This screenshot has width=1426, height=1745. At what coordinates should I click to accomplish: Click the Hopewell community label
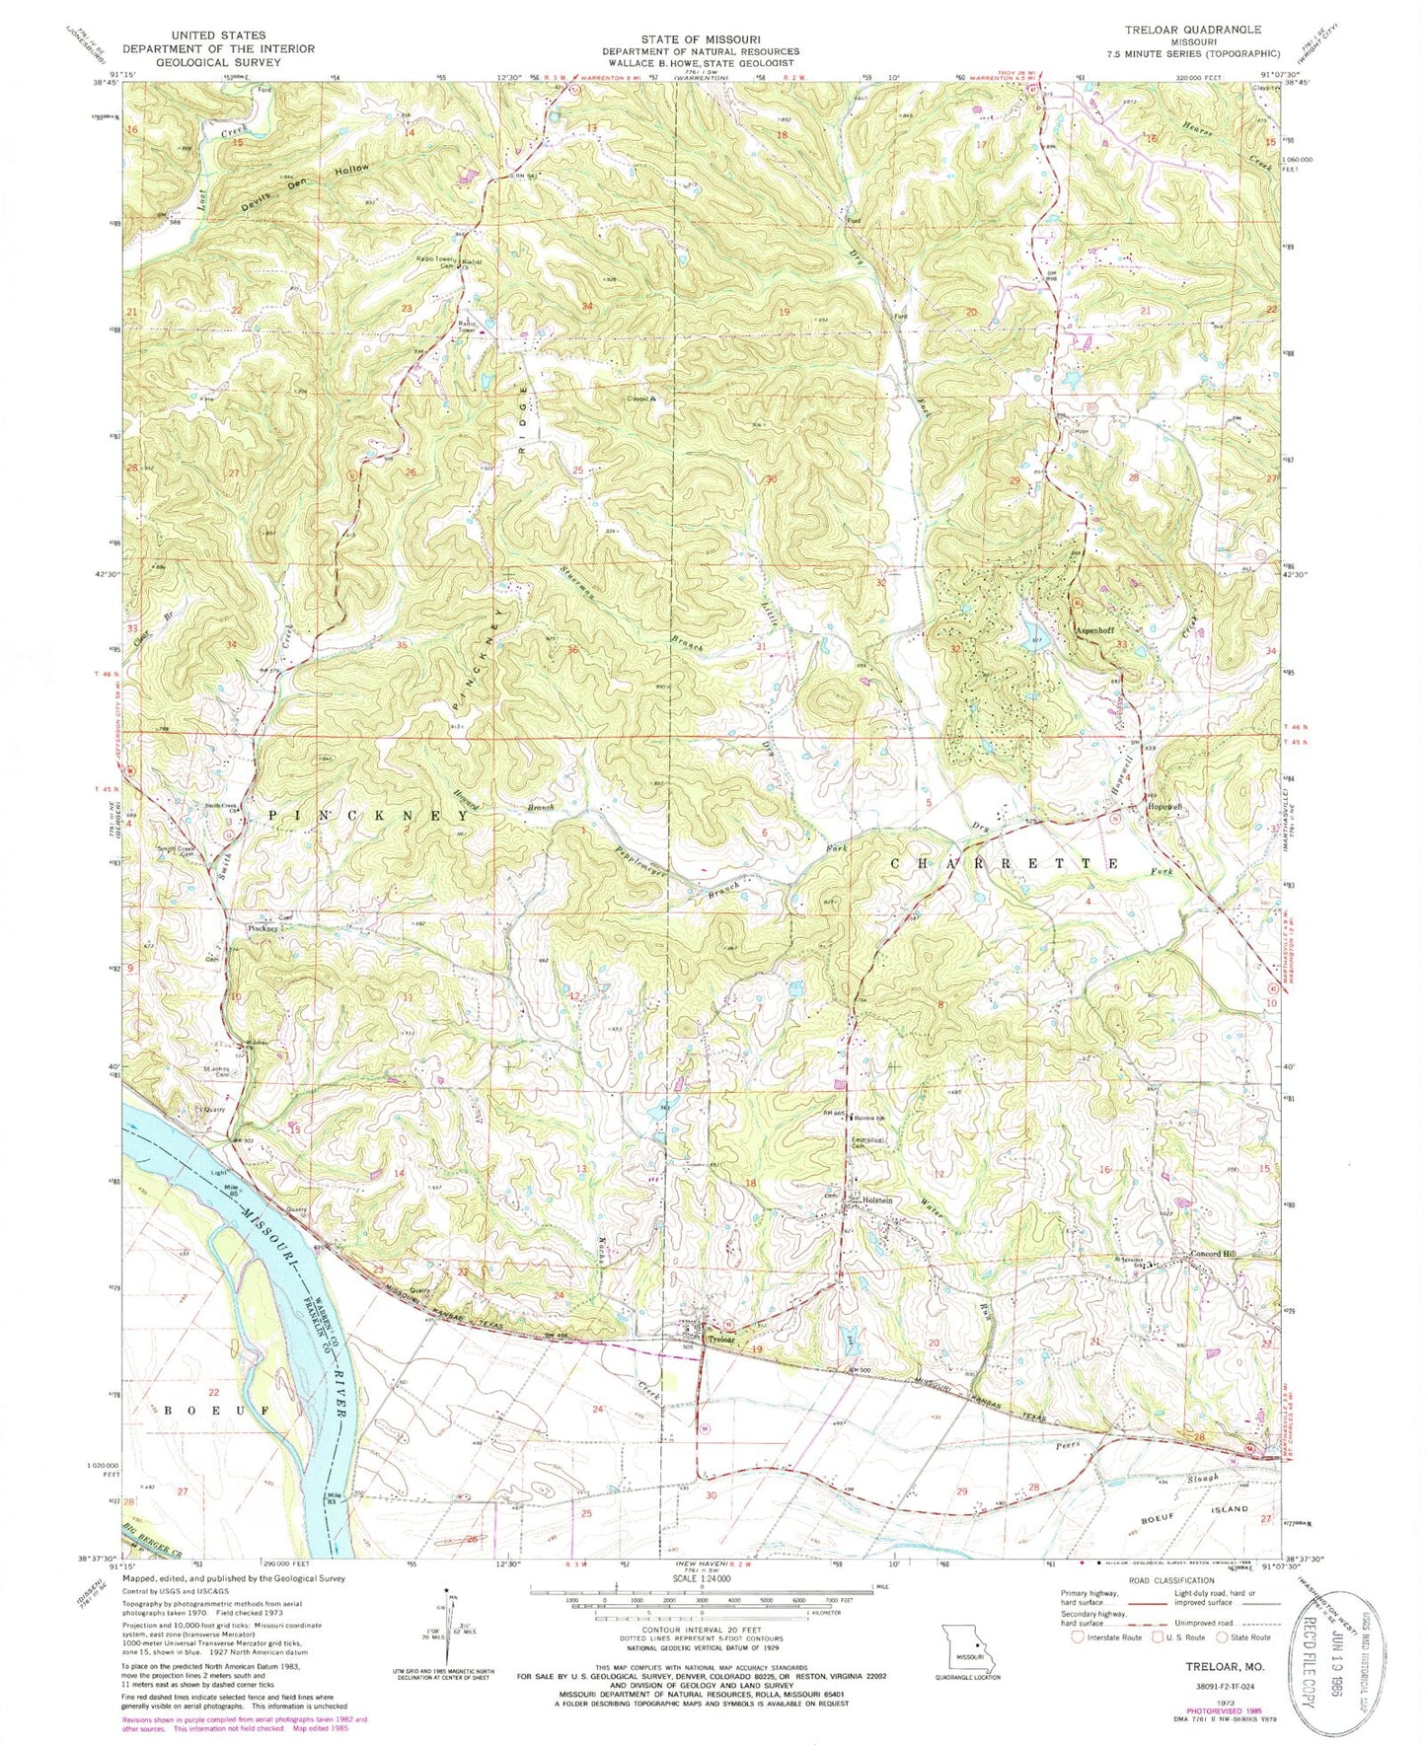pos(1164,806)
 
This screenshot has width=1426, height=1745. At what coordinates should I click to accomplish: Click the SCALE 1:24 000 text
pos(702,1572)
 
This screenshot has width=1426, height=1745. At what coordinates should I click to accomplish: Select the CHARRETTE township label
pos(1006,862)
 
